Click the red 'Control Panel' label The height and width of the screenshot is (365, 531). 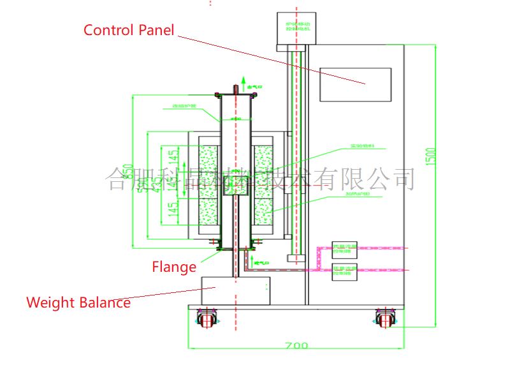[129, 30]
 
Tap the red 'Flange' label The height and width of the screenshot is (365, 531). [174, 267]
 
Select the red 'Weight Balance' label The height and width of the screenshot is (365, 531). [78, 302]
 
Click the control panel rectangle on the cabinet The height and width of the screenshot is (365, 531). [355, 84]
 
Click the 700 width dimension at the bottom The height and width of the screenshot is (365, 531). [296, 346]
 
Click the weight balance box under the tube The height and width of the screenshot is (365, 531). [235, 291]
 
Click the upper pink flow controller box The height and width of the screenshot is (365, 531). [345, 248]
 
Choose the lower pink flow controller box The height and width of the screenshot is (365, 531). [345, 271]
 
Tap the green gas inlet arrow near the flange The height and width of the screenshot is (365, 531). [254, 262]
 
